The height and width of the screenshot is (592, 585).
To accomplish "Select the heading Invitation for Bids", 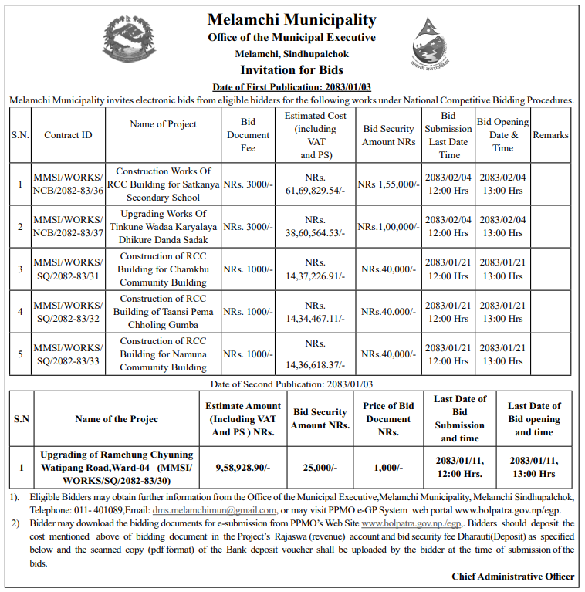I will (x=292, y=70).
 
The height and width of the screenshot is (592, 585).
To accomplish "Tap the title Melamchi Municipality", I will (x=292, y=19).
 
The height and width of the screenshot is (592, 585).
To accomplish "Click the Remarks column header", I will (x=550, y=135).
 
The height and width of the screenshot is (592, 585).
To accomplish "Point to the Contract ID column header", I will (x=68, y=135).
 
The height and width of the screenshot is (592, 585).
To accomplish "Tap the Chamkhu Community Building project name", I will (x=163, y=269).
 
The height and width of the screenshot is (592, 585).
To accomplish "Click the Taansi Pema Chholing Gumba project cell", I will (x=163, y=312).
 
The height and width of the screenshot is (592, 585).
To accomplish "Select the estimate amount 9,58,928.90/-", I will (x=243, y=468).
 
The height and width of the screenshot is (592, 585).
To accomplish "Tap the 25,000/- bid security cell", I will (x=320, y=468).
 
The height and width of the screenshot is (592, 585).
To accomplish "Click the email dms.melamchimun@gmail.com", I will (x=215, y=510).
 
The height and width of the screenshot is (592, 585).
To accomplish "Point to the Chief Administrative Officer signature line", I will (x=513, y=577).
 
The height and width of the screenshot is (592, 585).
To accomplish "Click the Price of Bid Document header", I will (x=389, y=419).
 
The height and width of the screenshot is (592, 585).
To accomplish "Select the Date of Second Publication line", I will (x=292, y=384).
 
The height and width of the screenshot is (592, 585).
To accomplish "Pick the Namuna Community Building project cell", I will (x=163, y=354).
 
